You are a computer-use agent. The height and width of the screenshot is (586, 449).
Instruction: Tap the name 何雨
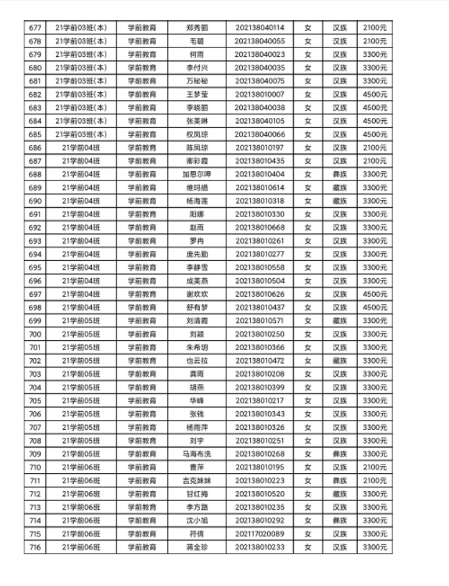click(196, 54)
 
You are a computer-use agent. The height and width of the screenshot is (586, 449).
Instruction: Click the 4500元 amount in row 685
click(375, 134)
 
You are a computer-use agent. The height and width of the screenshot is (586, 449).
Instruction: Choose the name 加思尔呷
click(196, 174)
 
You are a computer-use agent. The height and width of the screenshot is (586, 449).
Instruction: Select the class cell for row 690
click(80, 201)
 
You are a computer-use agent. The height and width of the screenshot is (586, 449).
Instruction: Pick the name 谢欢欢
click(196, 293)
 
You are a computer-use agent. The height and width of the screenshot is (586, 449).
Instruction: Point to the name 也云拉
click(196, 360)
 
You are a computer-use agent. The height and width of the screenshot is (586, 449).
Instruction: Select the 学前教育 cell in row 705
click(142, 400)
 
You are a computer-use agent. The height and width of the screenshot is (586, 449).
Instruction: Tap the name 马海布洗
click(196, 454)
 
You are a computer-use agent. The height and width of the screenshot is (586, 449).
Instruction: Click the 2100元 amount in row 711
click(375, 480)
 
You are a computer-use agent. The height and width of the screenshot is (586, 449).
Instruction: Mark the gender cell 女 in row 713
click(307, 507)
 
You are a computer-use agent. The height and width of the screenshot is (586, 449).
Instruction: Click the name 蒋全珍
click(196, 547)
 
